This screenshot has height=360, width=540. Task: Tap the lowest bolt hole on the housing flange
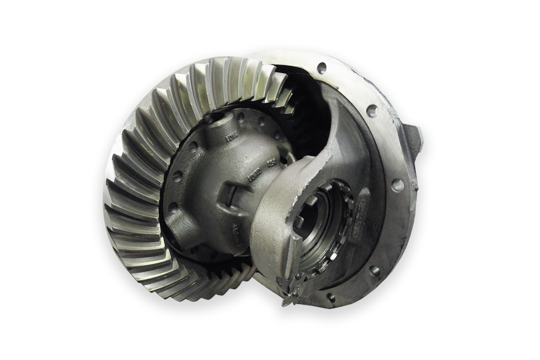(x=331, y=297)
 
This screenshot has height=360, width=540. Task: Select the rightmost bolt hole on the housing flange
(x=398, y=184)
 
